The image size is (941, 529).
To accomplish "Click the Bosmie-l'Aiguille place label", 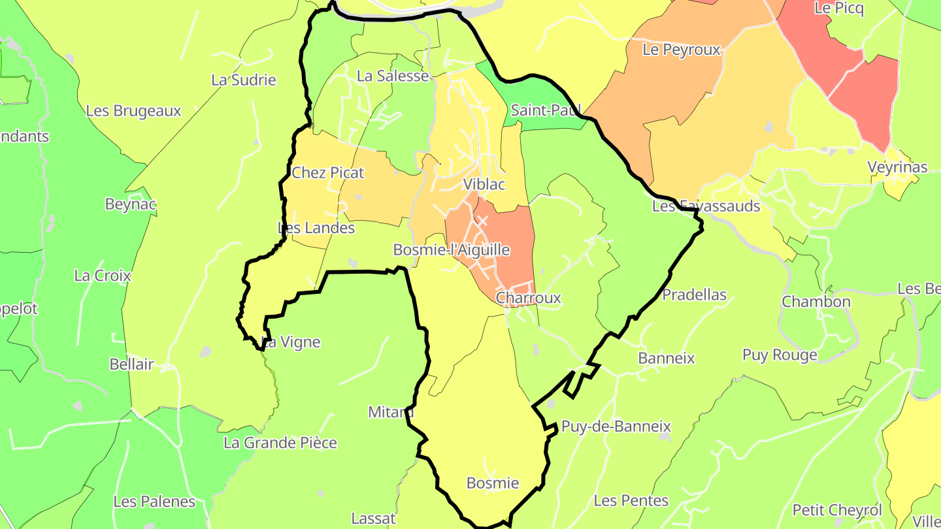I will point(451,250).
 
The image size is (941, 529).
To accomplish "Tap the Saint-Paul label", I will point(546,110).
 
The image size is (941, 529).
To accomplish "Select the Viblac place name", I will point(484,185).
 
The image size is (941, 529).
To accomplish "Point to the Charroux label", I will point(528,298).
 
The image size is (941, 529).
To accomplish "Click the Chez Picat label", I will point(327,173).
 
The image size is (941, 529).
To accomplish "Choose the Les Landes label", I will point(316,229).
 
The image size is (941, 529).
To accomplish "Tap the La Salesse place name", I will point(392,76).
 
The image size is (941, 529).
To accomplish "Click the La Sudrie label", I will point(244,80).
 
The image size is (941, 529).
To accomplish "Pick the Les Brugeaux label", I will point(133,111).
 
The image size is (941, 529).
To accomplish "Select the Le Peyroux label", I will point(681,50).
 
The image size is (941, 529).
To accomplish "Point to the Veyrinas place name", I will point(897,167).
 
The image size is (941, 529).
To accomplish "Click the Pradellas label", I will point(694,295).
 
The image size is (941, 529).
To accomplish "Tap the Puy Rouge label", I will point(780,355).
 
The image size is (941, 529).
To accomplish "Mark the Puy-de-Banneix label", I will point(616,427).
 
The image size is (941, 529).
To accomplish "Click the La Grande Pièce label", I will point(280,443).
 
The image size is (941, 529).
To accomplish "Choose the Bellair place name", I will point(131,364).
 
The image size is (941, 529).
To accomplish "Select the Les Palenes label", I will point(154,502).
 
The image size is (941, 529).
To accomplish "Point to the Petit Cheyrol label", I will point(837,510).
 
